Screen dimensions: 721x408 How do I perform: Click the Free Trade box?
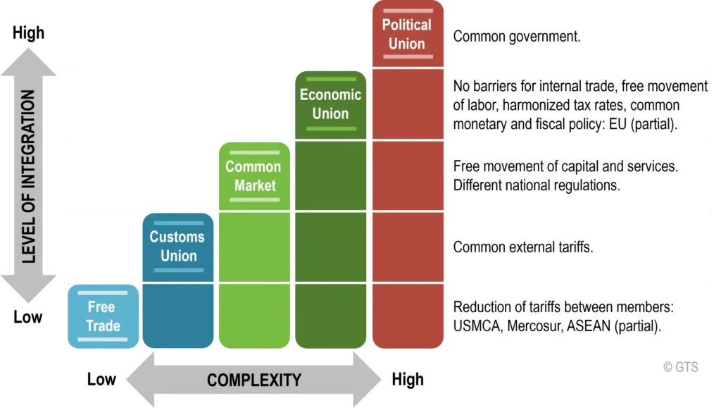click(103, 316)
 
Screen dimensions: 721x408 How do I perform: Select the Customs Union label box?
click(178, 247)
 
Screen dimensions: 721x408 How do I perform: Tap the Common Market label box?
click(254, 176)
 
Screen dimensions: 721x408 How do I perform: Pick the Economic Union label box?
click(331, 105)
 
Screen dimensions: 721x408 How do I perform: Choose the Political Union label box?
click(408, 34)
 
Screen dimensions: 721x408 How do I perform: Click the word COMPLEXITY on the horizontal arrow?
click(254, 381)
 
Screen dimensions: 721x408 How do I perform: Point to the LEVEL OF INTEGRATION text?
click(28, 176)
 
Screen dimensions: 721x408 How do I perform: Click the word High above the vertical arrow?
click(28, 33)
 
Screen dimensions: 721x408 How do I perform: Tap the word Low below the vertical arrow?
click(27, 317)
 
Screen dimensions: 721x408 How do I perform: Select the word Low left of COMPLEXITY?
click(101, 380)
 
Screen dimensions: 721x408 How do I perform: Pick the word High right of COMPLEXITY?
click(408, 380)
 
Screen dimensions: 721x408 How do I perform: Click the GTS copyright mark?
click(681, 367)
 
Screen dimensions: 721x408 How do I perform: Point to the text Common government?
click(517, 37)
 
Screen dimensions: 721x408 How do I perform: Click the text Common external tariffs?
click(523, 247)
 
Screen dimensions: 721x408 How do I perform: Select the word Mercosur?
click(535, 326)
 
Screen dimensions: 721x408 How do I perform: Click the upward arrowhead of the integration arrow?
click(28, 61)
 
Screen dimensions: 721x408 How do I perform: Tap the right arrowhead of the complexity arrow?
click(368, 380)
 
